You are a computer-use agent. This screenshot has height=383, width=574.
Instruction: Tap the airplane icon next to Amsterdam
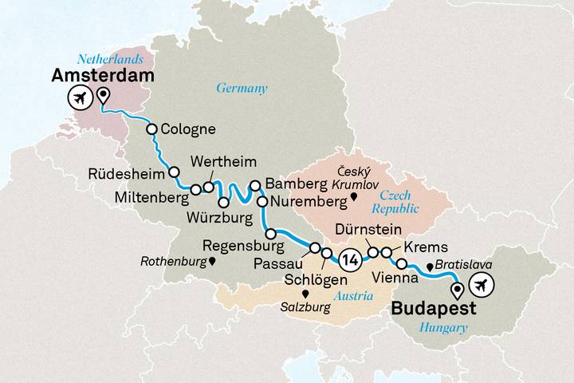coord(79,100)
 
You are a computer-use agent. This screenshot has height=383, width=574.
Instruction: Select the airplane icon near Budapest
coord(482,282)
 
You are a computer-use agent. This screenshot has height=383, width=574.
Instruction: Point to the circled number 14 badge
coord(348,259)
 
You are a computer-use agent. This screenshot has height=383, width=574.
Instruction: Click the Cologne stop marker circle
coord(151,129)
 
